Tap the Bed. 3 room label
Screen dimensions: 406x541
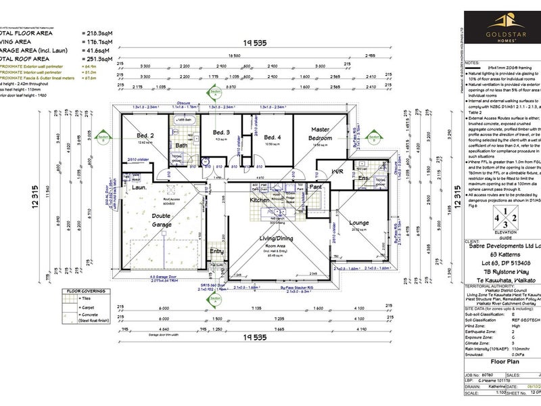pyautogui.click(x=221, y=131)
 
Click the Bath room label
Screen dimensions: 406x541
pyautogui.click(x=182, y=145)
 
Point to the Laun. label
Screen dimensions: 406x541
pyautogui.click(x=140, y=187)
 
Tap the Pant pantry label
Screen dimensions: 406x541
pyautogui.click(x=315, y=186)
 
